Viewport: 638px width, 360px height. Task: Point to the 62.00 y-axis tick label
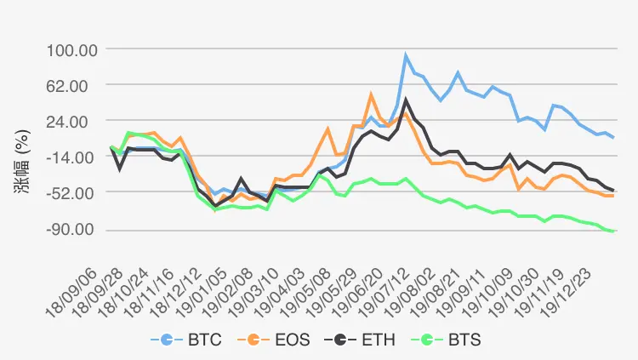click(75, 85)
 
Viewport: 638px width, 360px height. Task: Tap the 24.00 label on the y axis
click(75, 121)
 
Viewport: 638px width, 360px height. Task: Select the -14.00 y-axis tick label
click(72, 157)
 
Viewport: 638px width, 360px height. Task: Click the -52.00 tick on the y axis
click(72, 193)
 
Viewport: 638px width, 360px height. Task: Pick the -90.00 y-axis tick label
click(72, 230)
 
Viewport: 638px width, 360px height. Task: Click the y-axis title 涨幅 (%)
click(23, 158)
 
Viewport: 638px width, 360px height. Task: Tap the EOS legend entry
click(274, 340)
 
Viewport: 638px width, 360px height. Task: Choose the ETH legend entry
click(360, 340)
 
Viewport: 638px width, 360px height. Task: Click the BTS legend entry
click(446, 340)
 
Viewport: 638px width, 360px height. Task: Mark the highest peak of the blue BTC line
click(406, 56)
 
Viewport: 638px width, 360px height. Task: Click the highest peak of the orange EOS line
click(371, 94)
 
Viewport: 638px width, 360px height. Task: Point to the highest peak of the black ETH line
click(406, 100)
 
